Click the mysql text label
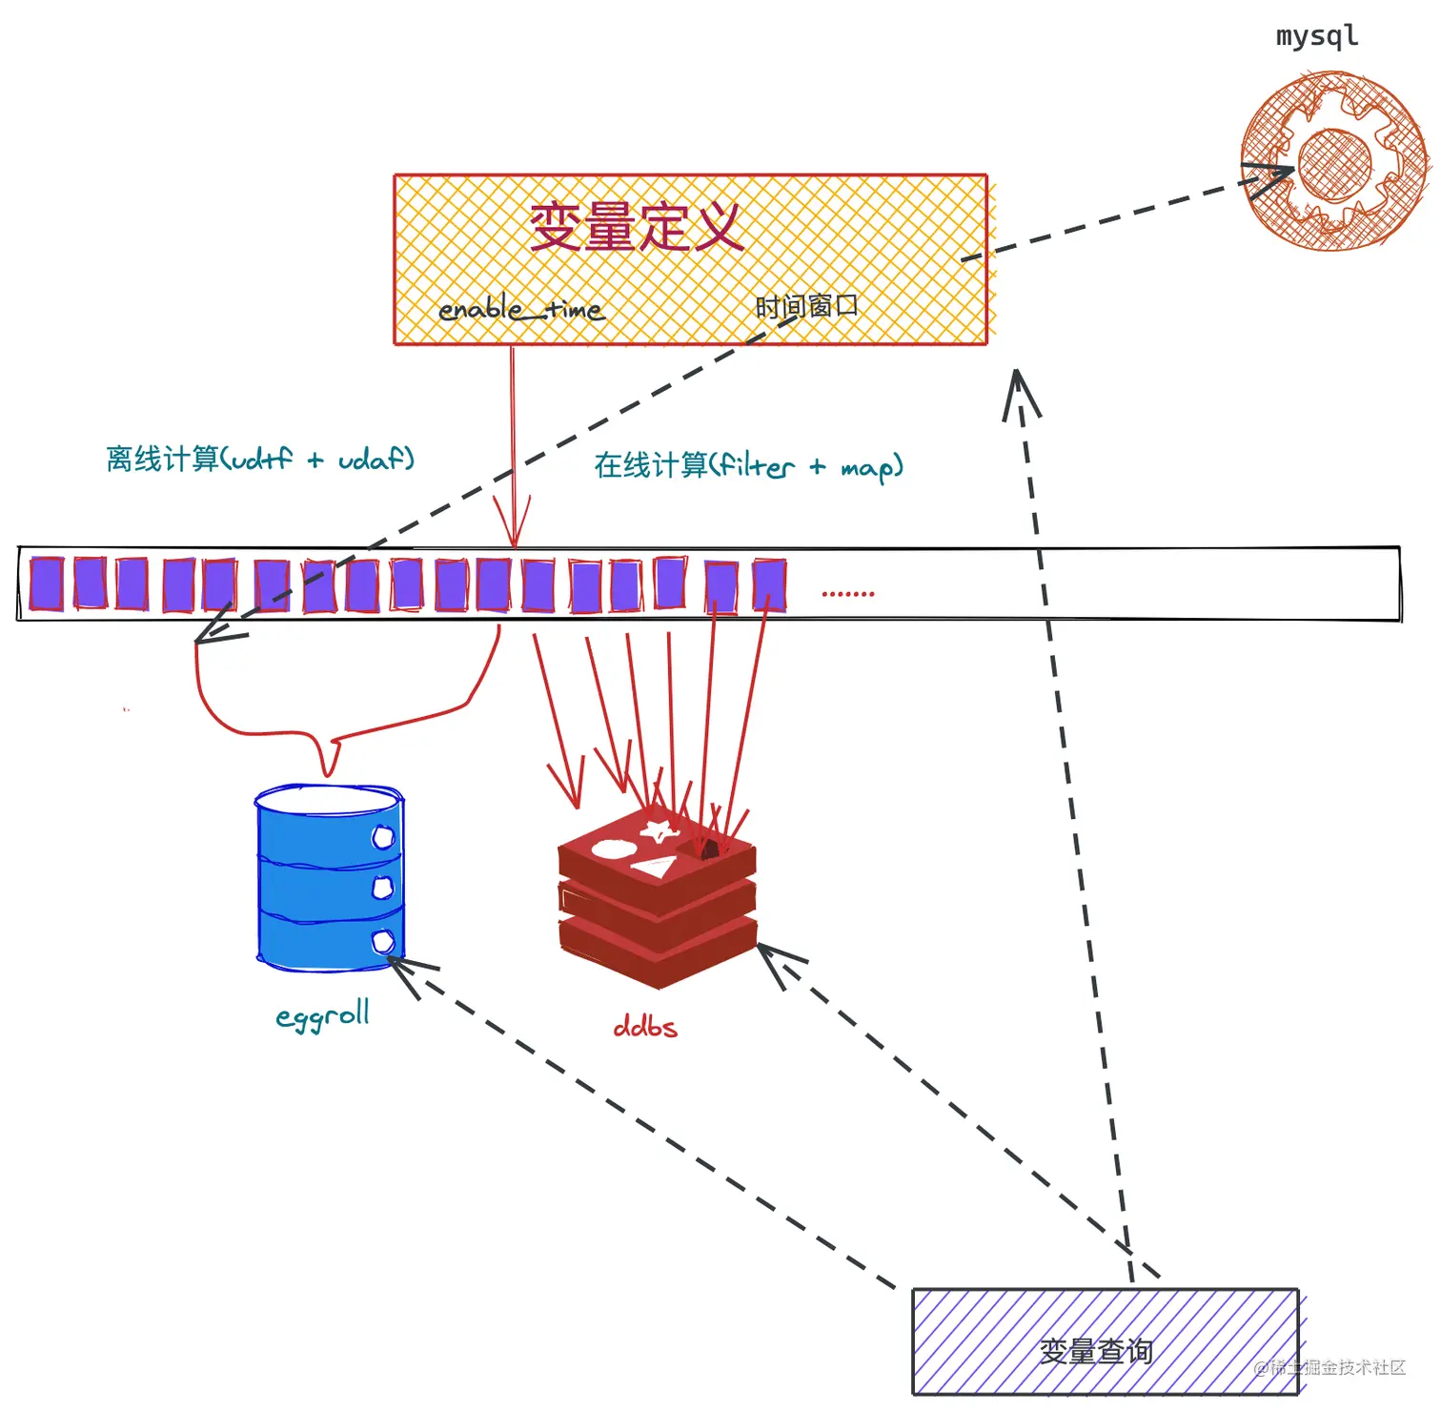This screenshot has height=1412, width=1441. click(x=1316, y=36)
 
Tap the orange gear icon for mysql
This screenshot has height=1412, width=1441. click(x=1334, y=163)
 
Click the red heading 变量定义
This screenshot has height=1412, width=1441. click(x=636, y=227)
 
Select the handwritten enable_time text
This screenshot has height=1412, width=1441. click(x=520, y=309)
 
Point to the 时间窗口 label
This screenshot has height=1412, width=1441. click(x=806, y=306)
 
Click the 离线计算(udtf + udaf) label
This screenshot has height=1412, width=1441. click(x=260, y=459)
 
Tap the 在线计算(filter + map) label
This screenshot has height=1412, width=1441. click(x=748, y=465)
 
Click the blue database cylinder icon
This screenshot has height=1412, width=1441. click(x=330, y=877)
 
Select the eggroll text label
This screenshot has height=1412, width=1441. click(x=322, y=1015)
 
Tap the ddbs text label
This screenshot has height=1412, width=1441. click(x=645, y=1027)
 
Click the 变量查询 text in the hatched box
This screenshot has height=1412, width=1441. click(x=1096, y=1350)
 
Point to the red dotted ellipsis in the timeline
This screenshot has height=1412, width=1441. click(x=847, y=594)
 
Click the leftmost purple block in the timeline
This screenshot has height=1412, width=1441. click(x=47, y=583)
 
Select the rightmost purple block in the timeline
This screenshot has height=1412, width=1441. click(x=769, y=585)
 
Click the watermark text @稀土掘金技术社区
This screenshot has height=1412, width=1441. click(x=1330, y=1367)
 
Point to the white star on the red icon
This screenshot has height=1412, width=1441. click(x=659, y=829)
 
